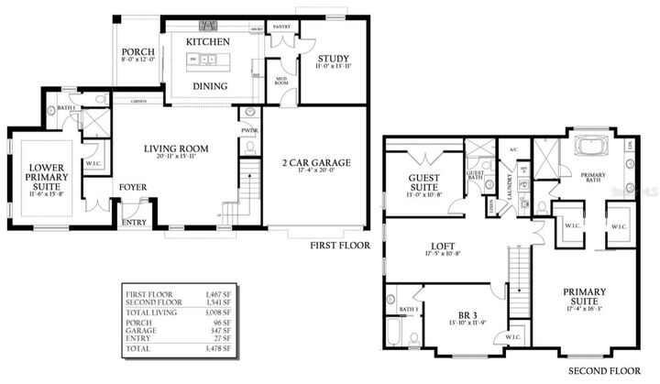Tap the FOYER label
point(132,188)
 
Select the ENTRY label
point(134,221)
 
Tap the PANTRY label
point(282,27)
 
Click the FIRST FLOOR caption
point(339,246)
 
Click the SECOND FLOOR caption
point(603,371)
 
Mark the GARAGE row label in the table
point(140,332)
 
